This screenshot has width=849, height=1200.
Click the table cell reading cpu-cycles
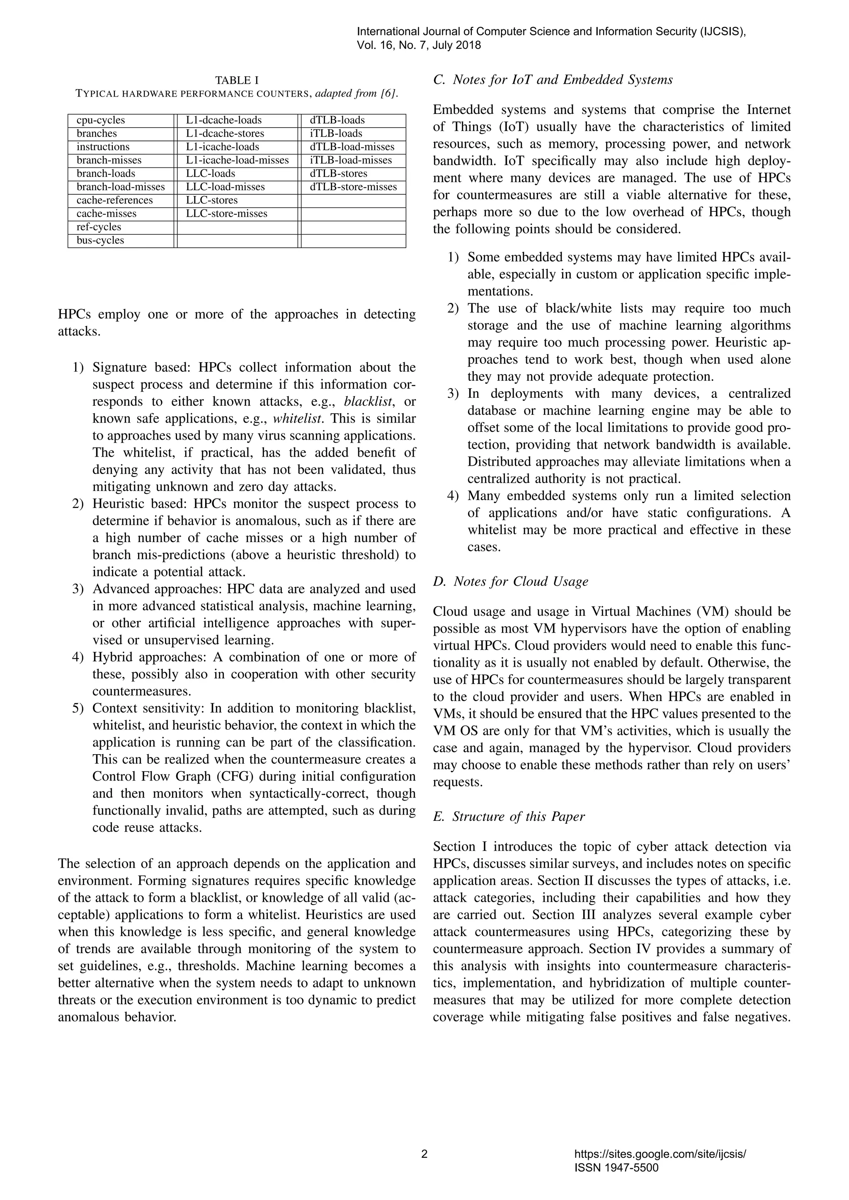101,120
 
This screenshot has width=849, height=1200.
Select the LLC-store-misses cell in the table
226,214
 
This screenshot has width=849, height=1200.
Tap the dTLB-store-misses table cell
353,187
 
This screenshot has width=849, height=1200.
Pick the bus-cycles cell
100,240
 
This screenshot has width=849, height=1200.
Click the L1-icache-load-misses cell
238,160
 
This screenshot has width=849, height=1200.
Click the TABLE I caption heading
237,80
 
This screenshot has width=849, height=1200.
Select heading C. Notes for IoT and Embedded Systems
553,80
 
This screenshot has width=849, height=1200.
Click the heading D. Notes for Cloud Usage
510,582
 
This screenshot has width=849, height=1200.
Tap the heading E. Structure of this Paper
509,816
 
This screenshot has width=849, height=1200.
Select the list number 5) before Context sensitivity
78,709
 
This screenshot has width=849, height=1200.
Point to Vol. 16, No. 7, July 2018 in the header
419,46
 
